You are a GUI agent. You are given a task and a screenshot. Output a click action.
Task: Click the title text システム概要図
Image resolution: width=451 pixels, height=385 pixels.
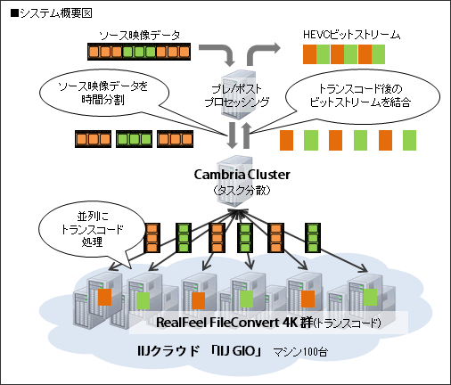(41, 12)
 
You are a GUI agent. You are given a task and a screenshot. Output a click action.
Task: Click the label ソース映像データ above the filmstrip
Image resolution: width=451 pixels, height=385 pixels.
(139, 36)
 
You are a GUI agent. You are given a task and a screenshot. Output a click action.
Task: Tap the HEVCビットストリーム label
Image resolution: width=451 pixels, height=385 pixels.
(351, 36)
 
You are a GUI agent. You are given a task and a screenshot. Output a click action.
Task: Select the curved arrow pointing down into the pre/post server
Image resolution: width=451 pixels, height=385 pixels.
(225, 54)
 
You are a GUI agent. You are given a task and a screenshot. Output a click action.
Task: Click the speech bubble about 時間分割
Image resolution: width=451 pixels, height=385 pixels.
(98, 91)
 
